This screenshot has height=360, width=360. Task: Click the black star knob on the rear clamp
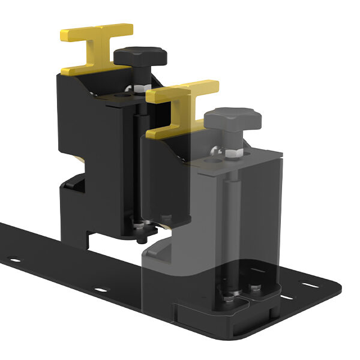tap(140, 58)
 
